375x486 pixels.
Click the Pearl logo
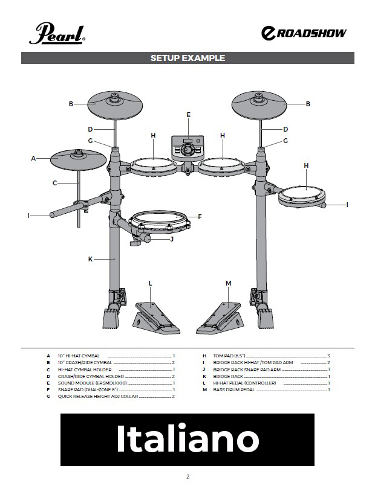point(57,33)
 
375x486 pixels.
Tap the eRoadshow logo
point(304,33)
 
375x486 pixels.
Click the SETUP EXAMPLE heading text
point(187,58)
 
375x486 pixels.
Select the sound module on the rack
point(187,148)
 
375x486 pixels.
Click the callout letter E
point(188,115)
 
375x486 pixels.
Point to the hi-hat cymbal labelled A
point(78,160)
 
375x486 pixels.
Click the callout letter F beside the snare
point(200,217)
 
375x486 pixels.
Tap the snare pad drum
point(159,223)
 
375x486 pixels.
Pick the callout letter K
point(90,259)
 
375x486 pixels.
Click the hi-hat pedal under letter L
point(157,318)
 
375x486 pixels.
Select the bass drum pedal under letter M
point(219,318)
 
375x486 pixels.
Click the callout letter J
point(172,239)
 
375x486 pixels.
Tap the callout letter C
point(54,183)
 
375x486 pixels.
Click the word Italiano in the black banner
point(187,439)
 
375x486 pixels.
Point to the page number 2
point(187,476)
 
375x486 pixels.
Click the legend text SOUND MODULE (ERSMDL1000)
point(92,383)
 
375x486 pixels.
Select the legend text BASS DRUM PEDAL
point(233,390)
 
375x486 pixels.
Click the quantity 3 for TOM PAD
point(329,356)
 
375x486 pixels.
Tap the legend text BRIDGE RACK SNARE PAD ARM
point(247,369)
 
